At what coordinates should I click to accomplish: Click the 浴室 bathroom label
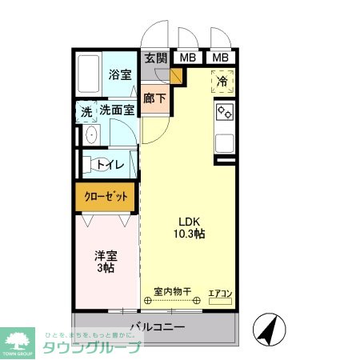(x=120, y=75)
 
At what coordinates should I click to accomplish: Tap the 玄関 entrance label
(x=156, y=58)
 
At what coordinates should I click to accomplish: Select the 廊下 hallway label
(x=154, y=99)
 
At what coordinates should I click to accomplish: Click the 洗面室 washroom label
(x=116, y=111)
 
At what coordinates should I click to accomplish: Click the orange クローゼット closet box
(x=106, y=197)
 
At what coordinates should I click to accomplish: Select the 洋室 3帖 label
(x=106, y=262)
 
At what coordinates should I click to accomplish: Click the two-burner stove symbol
(x=224, y=114)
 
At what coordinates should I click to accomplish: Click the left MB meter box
(x=187, y=58)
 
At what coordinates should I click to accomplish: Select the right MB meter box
(x=220, y=58)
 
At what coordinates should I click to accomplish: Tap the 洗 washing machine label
(x=86, y=112)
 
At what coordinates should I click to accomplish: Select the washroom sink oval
(x=90, y=135)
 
